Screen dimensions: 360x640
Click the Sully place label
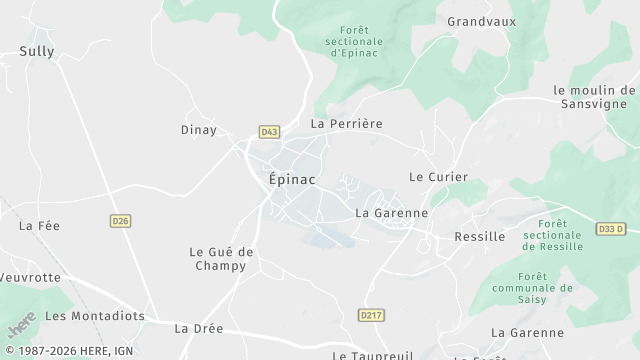(x=37, y=51)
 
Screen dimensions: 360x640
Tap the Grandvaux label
(x=480, y=21)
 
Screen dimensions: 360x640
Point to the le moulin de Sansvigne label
(x=594, y=96)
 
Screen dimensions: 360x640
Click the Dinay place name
(x=198, y=130)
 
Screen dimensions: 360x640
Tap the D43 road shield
(x=268, y=131)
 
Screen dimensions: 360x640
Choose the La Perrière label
(x=346, y=124)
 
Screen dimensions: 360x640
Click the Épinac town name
(x=292, y=180)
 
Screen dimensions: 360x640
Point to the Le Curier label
(x=438, y=177)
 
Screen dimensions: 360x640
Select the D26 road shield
(x=121, y=221)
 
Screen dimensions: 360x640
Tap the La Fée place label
(x=39, y=226)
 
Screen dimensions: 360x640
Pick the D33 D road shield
(x=611, y=229)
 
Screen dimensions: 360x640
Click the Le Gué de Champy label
(x=220, y=259)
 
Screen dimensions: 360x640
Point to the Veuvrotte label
(x=30, y=277)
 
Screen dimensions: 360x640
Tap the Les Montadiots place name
(x=95, y=316)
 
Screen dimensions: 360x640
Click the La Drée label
(x=199, y=328)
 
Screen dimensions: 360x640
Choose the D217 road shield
(x=371, y=315)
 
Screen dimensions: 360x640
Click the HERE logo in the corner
(x=20, y=327)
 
